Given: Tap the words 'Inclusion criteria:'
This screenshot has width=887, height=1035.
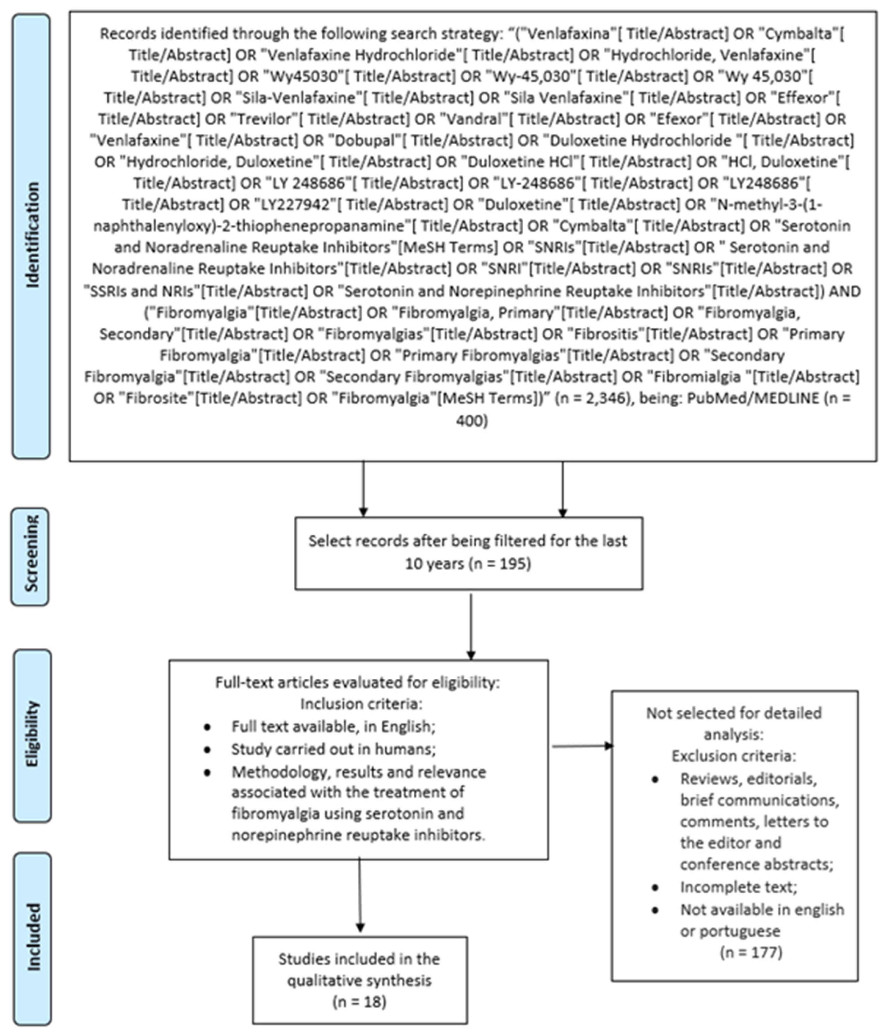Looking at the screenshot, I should pyautogui.click(x=361, y=704).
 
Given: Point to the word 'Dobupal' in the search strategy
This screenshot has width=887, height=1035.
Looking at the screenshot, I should pyautogui.click(x=366, y=141).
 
